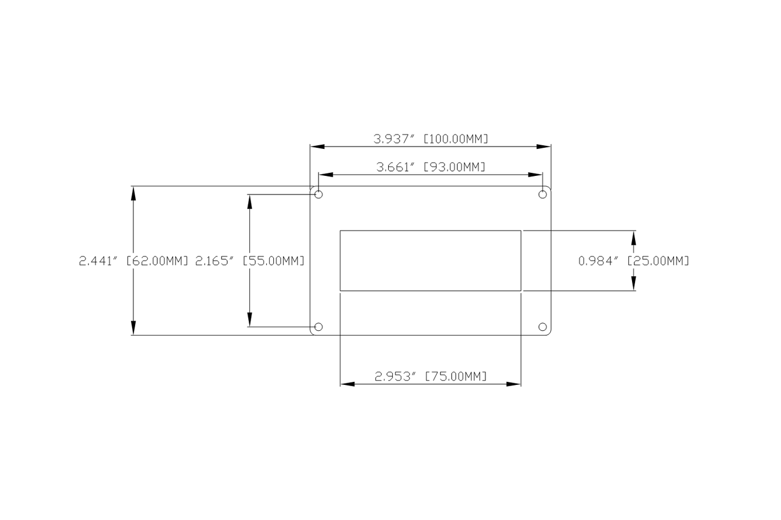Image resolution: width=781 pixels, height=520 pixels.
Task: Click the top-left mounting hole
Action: click(319, 195)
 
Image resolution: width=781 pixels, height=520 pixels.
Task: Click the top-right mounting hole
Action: click(542, 195)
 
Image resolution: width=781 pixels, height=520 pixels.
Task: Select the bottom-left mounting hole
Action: click(319, 327)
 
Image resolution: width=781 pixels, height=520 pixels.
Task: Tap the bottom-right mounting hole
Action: click(542, 327)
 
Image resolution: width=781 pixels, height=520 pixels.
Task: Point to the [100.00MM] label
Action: click(456, 139)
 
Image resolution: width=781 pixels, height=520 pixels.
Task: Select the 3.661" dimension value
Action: click(397, 167)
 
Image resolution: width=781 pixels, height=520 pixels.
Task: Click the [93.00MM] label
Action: click(454, 167)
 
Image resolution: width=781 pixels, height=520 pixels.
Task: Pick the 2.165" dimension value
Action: click(214, 261)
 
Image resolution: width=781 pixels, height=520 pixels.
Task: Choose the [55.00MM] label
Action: click(273, 261)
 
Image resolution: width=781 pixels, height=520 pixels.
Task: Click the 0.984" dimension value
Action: click(598, 261)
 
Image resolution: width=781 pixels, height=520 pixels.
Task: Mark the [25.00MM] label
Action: click(658, 261)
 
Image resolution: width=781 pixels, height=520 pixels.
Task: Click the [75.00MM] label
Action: click(455, 376)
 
